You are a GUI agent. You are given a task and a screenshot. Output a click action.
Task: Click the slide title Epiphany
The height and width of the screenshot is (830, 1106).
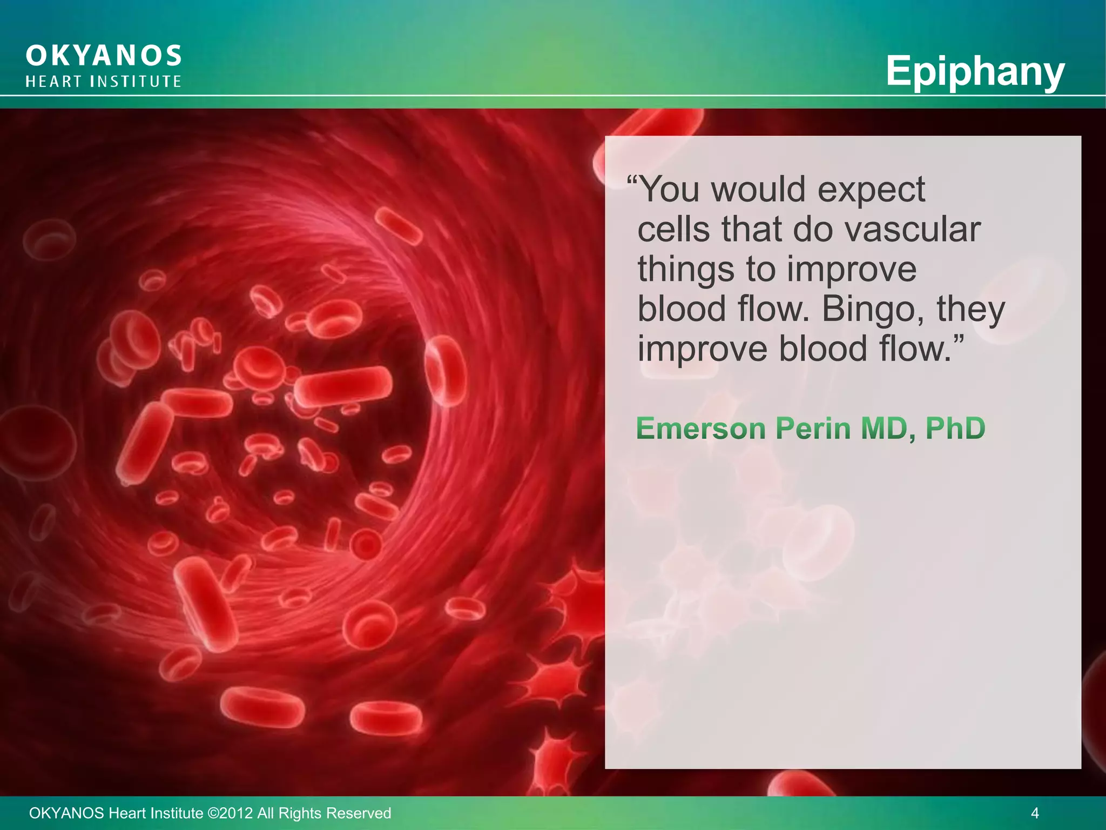(975, 72)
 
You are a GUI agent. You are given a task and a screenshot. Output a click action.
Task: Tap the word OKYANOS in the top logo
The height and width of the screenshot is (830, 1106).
(104, 56)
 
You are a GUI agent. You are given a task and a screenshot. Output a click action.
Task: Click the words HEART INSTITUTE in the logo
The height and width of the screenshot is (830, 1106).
(104, 82)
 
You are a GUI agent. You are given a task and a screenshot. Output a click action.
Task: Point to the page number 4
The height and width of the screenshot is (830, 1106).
(1035, 813)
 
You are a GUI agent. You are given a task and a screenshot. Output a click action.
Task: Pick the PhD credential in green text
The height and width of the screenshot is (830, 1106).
(955, 429)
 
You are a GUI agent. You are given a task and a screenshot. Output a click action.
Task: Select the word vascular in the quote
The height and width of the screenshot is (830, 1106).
(912, 230)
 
